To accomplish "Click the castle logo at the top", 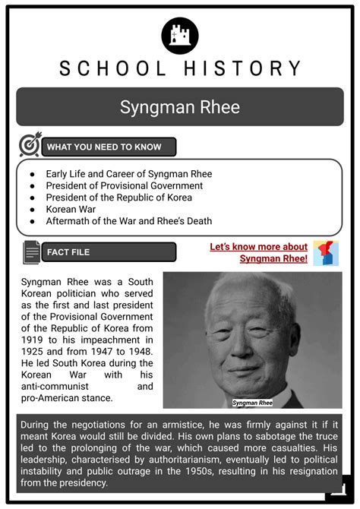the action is coord(180,35).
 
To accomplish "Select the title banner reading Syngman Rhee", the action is coord(180,106).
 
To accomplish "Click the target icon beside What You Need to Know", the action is coord(30,146).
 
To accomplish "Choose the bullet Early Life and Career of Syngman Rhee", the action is coord(128,174).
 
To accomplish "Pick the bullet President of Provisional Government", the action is coord(124,185).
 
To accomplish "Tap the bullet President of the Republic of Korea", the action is coord(118,198).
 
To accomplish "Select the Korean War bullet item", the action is coord(72,209).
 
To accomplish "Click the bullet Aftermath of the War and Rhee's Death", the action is coord(128,221).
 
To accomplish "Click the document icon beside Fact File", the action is coord(31,252).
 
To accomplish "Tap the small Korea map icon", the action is coord(326,253).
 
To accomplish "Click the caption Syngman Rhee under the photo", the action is coord(252,402).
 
